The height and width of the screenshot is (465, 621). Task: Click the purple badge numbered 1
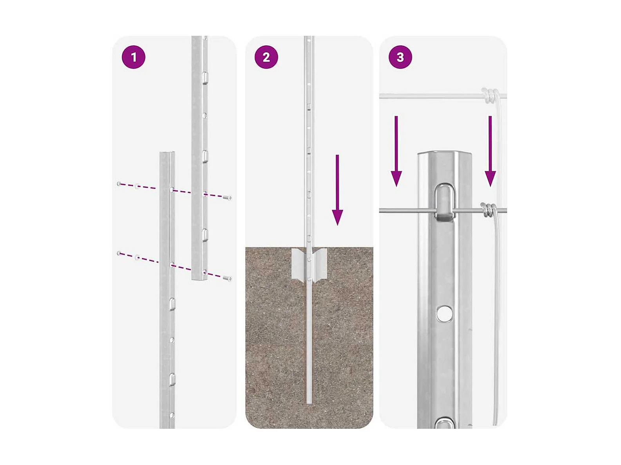[x=133, y=58]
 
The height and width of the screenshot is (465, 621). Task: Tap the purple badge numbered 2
[x=266, y=58]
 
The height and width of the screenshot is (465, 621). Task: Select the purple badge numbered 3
[x=400, y=58]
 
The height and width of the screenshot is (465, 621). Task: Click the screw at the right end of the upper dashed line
[x=228, y=198]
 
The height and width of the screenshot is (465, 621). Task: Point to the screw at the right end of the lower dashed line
[x=228, y=279]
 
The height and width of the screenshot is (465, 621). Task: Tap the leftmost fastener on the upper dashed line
[x=119, y=184]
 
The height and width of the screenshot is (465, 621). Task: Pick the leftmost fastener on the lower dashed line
[x=119, y=253]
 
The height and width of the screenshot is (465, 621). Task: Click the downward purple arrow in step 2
[x=337, y=190]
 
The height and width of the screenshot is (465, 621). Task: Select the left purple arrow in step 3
[x=396, y=151]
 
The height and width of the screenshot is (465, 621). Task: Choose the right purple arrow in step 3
[x=490, y=151]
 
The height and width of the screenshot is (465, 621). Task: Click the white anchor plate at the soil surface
[x=309, y=265]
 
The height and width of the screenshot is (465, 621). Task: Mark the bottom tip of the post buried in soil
[x=309, y=403]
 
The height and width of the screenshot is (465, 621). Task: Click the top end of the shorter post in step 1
[x=167, y=153]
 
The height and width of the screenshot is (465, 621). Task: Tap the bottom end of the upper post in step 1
[x=200, y=279]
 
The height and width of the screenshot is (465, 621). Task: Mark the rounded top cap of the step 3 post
[x=444, y=155]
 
